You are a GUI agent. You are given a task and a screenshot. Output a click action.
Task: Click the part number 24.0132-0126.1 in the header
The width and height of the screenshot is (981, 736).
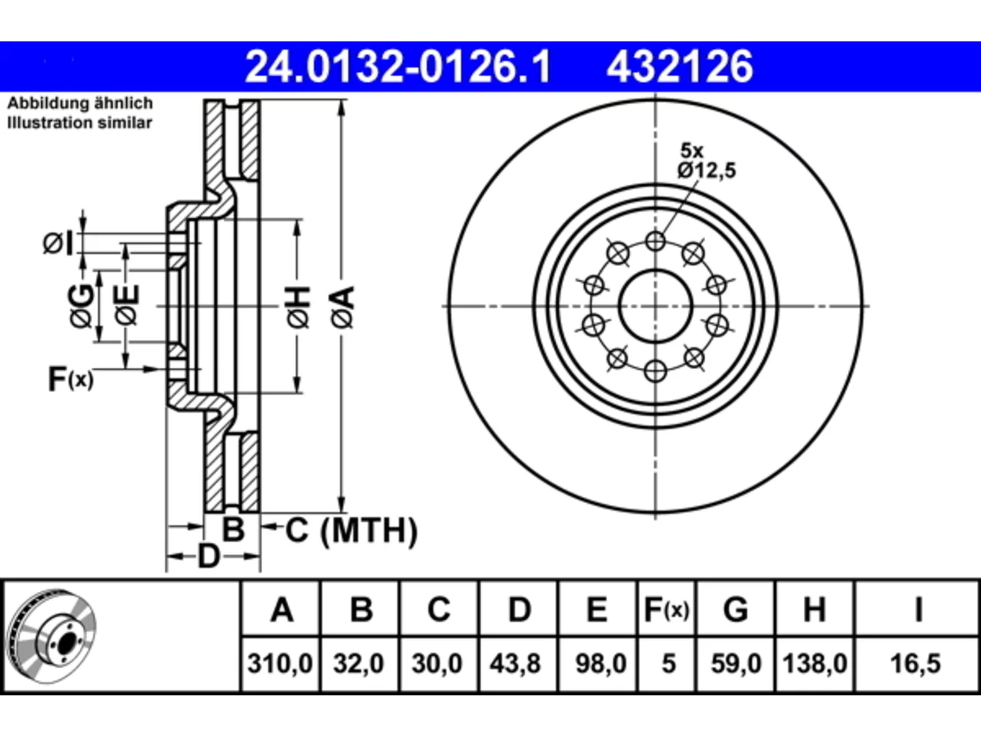398,67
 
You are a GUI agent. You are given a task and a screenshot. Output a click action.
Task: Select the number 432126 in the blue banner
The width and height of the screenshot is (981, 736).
680,67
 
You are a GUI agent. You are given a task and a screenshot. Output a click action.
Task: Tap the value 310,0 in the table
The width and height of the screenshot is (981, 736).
281,664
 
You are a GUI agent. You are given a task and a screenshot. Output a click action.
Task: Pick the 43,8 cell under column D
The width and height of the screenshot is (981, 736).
515,664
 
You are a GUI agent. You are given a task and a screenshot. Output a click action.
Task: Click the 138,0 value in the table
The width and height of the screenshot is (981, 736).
815,664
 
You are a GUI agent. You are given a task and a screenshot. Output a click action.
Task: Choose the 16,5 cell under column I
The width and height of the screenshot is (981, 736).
915,664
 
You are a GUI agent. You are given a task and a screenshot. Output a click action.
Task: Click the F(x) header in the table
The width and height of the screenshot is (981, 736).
667,609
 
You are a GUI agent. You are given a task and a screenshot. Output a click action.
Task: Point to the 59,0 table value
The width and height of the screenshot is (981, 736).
736,664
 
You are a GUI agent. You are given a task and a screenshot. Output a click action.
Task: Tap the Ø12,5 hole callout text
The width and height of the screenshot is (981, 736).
707,170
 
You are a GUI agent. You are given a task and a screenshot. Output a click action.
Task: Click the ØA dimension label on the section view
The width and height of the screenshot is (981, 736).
343,307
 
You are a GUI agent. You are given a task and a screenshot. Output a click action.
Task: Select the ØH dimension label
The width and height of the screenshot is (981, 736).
298,307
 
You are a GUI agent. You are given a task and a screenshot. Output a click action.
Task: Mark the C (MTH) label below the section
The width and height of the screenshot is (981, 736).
351,531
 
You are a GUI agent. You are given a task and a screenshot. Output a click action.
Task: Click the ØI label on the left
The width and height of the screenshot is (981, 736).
58,244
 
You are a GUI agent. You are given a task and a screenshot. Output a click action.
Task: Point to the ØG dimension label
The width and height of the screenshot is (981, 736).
82,306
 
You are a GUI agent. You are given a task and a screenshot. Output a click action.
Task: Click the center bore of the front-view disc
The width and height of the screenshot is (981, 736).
655,306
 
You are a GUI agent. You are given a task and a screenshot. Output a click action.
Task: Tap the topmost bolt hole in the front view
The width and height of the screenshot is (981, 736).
655,242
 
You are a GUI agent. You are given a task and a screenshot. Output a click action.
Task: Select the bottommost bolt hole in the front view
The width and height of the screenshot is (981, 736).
655,371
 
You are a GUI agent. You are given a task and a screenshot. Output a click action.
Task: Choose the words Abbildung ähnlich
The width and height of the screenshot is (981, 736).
80,103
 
